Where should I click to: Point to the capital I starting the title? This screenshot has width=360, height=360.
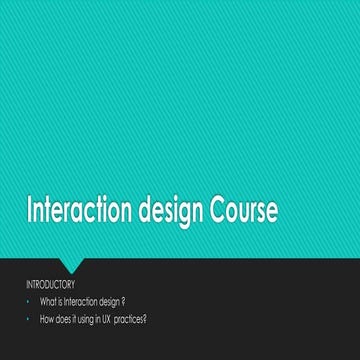[29, 213]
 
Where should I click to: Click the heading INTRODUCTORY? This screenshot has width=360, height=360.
[50, 285]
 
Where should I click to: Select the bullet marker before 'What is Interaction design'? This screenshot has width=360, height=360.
[29, 300]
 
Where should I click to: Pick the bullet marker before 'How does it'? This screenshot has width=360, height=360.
[29, 317]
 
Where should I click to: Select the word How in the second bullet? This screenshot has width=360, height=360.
[47, 317]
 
